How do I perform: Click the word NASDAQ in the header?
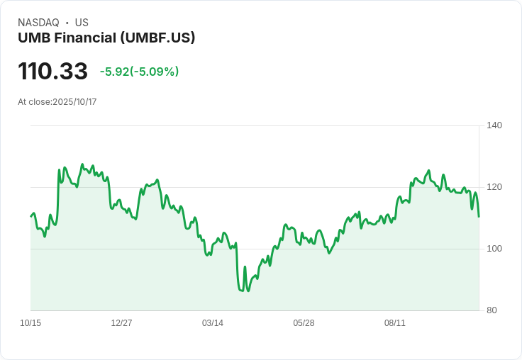tap(38, 23)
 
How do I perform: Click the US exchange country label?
tap(82, 23)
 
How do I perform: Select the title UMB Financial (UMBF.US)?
tap(106, 38)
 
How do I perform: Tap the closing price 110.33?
tap(52, 71)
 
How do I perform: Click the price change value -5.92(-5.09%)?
tap(139, 72)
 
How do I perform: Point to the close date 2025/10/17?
tap(74, 102)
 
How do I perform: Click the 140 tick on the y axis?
tap(494, 125)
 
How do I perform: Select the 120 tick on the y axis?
tap(494, 187)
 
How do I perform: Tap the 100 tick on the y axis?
tap(494, 249)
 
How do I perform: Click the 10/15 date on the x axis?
tap(30, 323)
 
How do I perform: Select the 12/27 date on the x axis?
tap(121, 323)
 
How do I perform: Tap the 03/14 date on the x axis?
tap(213, 323)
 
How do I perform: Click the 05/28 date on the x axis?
tap(304, 323)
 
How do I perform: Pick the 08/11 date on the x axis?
tap(395, 323)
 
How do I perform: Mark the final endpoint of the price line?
tap(479, 216)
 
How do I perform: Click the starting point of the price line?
tap(31, 216)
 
